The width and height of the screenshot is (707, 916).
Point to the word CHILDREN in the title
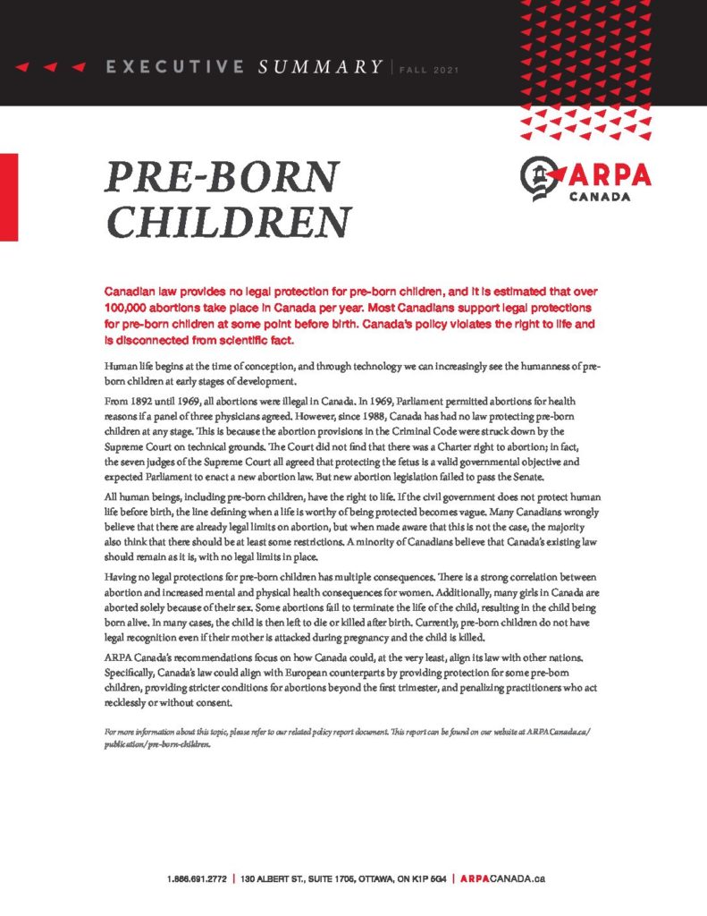click(x=228, y=220)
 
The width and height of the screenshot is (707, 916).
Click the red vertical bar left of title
click(x=9, y=197)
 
